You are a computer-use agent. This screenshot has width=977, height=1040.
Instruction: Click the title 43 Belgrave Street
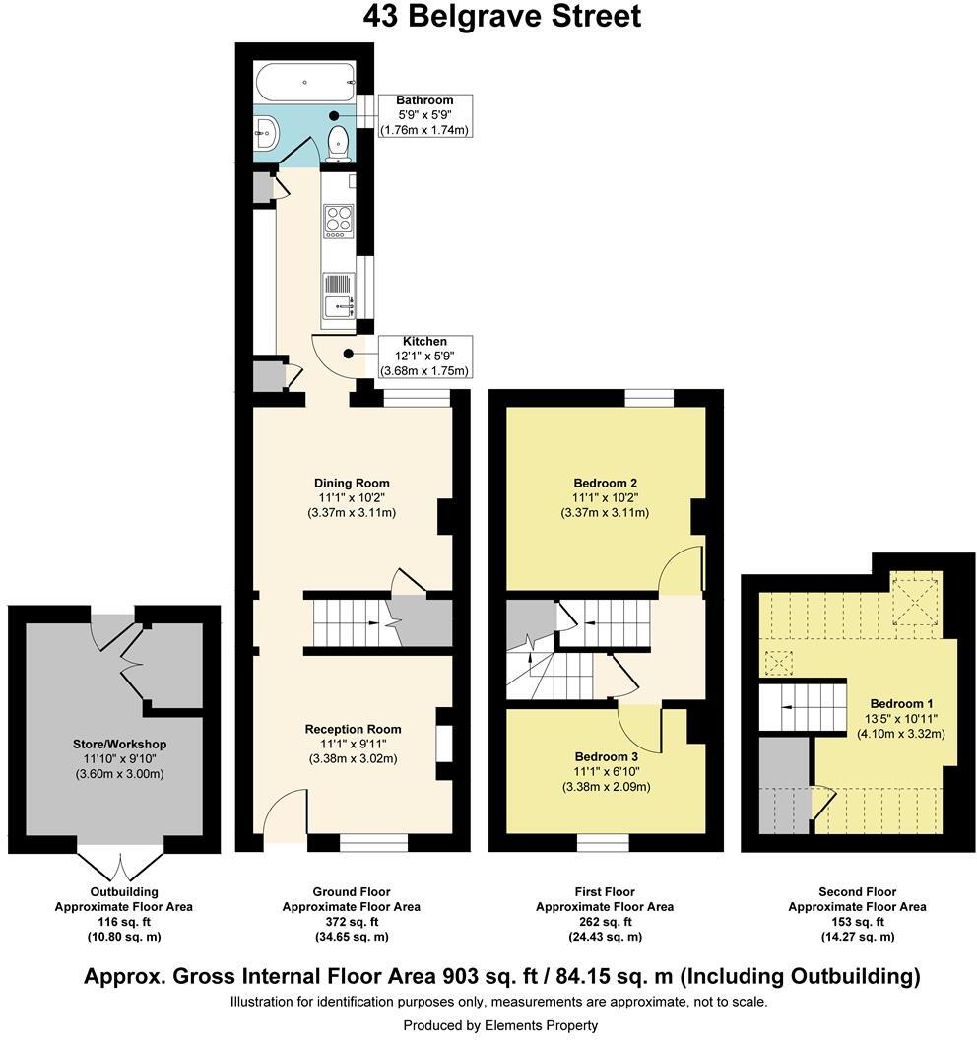(x=501, y=17)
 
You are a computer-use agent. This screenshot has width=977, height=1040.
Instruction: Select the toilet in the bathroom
(x=338, y=142)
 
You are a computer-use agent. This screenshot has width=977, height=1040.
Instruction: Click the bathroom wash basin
(x=265, y=127)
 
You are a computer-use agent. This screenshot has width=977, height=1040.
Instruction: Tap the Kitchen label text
(x=424, y=341)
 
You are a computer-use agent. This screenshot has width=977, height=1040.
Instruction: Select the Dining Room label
(x=352, y=483)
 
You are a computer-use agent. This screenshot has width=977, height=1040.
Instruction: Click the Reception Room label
(x=353, y=729)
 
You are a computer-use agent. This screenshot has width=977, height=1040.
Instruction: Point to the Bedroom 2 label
(x=605, y=483)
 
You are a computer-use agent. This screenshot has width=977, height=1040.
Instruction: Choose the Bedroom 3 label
(x=605, y=756)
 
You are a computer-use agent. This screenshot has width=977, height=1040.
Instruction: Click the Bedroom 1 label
(x=901, y=703)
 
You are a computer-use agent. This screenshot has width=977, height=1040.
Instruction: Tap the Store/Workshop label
(x=119, y=744)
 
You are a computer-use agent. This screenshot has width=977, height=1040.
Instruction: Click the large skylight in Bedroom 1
(x=916, y=604)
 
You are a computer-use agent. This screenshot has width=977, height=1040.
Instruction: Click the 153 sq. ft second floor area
(x=857, y=922)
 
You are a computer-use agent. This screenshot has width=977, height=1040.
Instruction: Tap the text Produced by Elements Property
(x=500, y=1025)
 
